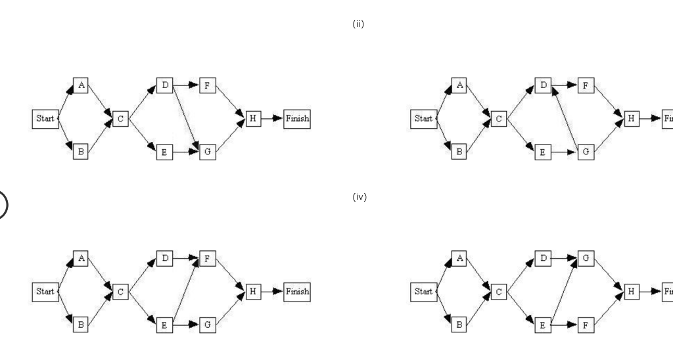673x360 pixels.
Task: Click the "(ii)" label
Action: click(358, 25)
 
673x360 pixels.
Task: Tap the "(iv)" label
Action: click(359, 197)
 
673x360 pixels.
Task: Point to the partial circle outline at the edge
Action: click(3, 204)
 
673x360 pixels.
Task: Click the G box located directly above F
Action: click(586, 258)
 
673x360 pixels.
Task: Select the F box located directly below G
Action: click(586, 324)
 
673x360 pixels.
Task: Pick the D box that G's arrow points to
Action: click(543, 85)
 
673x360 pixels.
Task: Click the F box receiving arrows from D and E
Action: click(207, 258)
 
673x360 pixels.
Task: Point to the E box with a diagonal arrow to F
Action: click(164, 324)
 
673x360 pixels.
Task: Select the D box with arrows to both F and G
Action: click(164, 85)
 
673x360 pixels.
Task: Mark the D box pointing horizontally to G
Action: click(543, 258)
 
